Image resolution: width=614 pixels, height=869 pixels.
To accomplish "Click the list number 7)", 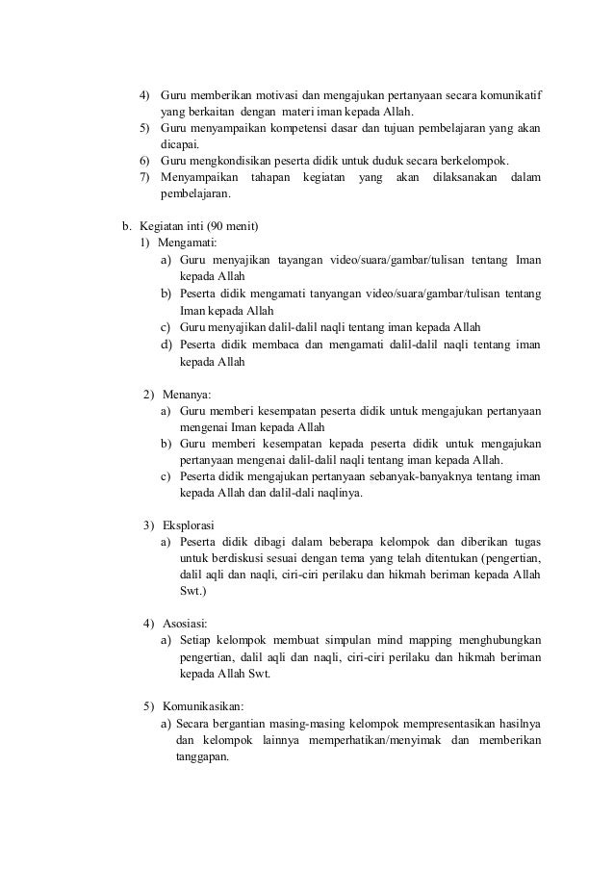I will [144, 177].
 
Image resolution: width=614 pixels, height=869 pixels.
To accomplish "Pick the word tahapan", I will [269, 177].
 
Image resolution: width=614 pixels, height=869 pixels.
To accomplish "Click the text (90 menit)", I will [231, 226].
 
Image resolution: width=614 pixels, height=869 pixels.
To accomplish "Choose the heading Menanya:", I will [187, 395].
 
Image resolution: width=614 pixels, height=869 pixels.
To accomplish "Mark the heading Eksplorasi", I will [190, 525].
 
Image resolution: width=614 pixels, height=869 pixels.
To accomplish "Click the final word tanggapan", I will [201, 756].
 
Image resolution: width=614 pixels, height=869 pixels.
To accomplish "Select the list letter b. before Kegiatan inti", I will [125, 226].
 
